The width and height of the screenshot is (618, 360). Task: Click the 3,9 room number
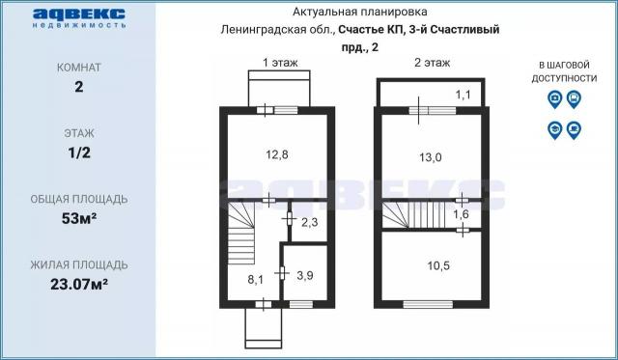(304, 275)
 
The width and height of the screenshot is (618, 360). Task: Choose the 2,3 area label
(309, 224)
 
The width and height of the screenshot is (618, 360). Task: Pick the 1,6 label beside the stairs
(461, 213)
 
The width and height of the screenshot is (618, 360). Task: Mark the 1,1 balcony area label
(463, 94)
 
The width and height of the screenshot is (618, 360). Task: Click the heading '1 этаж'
(280, 63)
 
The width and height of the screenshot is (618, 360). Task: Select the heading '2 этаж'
(432, 63)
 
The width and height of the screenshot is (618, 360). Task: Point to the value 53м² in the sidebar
(78, 218)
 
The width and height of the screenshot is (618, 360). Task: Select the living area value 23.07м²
(78, 284)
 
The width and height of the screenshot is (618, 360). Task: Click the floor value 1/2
(78, 152)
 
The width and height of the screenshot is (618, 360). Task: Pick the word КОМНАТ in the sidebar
(78, 69)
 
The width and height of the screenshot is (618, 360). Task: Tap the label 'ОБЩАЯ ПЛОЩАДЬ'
(78, 200)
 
